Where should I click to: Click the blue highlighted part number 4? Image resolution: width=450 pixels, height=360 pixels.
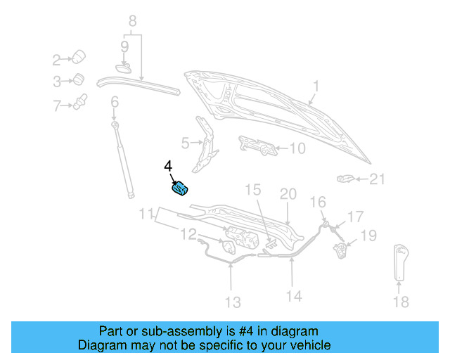tap(181, 188)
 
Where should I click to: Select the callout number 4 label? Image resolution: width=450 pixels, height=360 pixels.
tap(168, 166)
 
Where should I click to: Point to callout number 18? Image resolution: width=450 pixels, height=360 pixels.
tap(400, 302)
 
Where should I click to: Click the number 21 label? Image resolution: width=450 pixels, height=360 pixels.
tap(378, 179)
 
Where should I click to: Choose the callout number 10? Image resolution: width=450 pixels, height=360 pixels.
tap(297, 148)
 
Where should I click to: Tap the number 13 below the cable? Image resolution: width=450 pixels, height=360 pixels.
tap(232, 302)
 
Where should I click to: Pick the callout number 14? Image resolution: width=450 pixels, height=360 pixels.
tap(294, 296)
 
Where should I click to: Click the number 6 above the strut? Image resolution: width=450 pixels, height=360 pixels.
tap(114, 104)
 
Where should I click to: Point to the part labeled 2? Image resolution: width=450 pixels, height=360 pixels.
tap(79, 56)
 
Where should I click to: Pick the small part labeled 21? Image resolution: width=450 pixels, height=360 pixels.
tap(346, 179)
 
